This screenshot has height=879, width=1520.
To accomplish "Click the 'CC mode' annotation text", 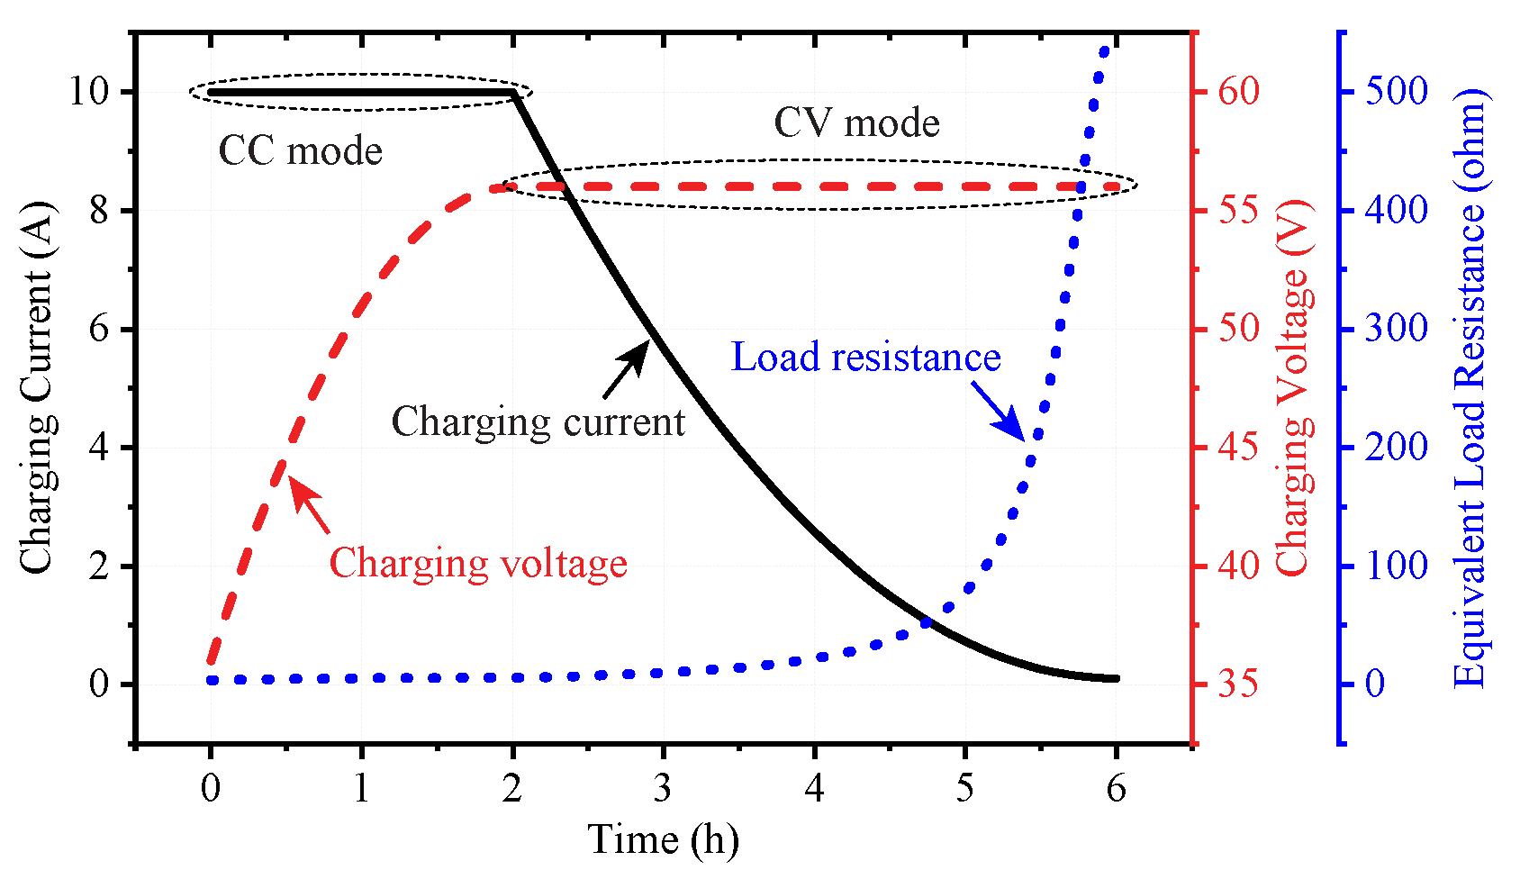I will (300, 151).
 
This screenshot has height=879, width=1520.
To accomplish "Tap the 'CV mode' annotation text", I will (856, 123).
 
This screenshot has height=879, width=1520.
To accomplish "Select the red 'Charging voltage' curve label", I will (477, 564).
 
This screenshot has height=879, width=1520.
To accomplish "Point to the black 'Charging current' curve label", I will (538, 421).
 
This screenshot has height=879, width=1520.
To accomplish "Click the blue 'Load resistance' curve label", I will (865, 358).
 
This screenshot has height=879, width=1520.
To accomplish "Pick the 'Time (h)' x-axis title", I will (664, 839).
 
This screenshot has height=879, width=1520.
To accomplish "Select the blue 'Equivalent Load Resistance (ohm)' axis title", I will (1470, 387).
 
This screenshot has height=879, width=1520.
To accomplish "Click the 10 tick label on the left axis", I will (88, 92).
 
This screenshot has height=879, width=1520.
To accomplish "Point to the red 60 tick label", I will (1239, 92).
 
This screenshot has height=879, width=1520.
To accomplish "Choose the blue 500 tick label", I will (1397, 92).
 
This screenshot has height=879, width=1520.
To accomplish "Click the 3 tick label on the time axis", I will (663, 789).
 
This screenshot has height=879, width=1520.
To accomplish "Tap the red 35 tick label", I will (1239, 684).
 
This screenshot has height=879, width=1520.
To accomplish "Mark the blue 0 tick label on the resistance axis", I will (1375, 684).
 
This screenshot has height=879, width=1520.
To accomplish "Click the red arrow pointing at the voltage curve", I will (310, 505).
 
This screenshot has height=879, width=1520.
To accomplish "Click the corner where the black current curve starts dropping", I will (513, 93).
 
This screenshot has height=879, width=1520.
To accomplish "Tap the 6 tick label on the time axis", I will (1116, 789).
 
